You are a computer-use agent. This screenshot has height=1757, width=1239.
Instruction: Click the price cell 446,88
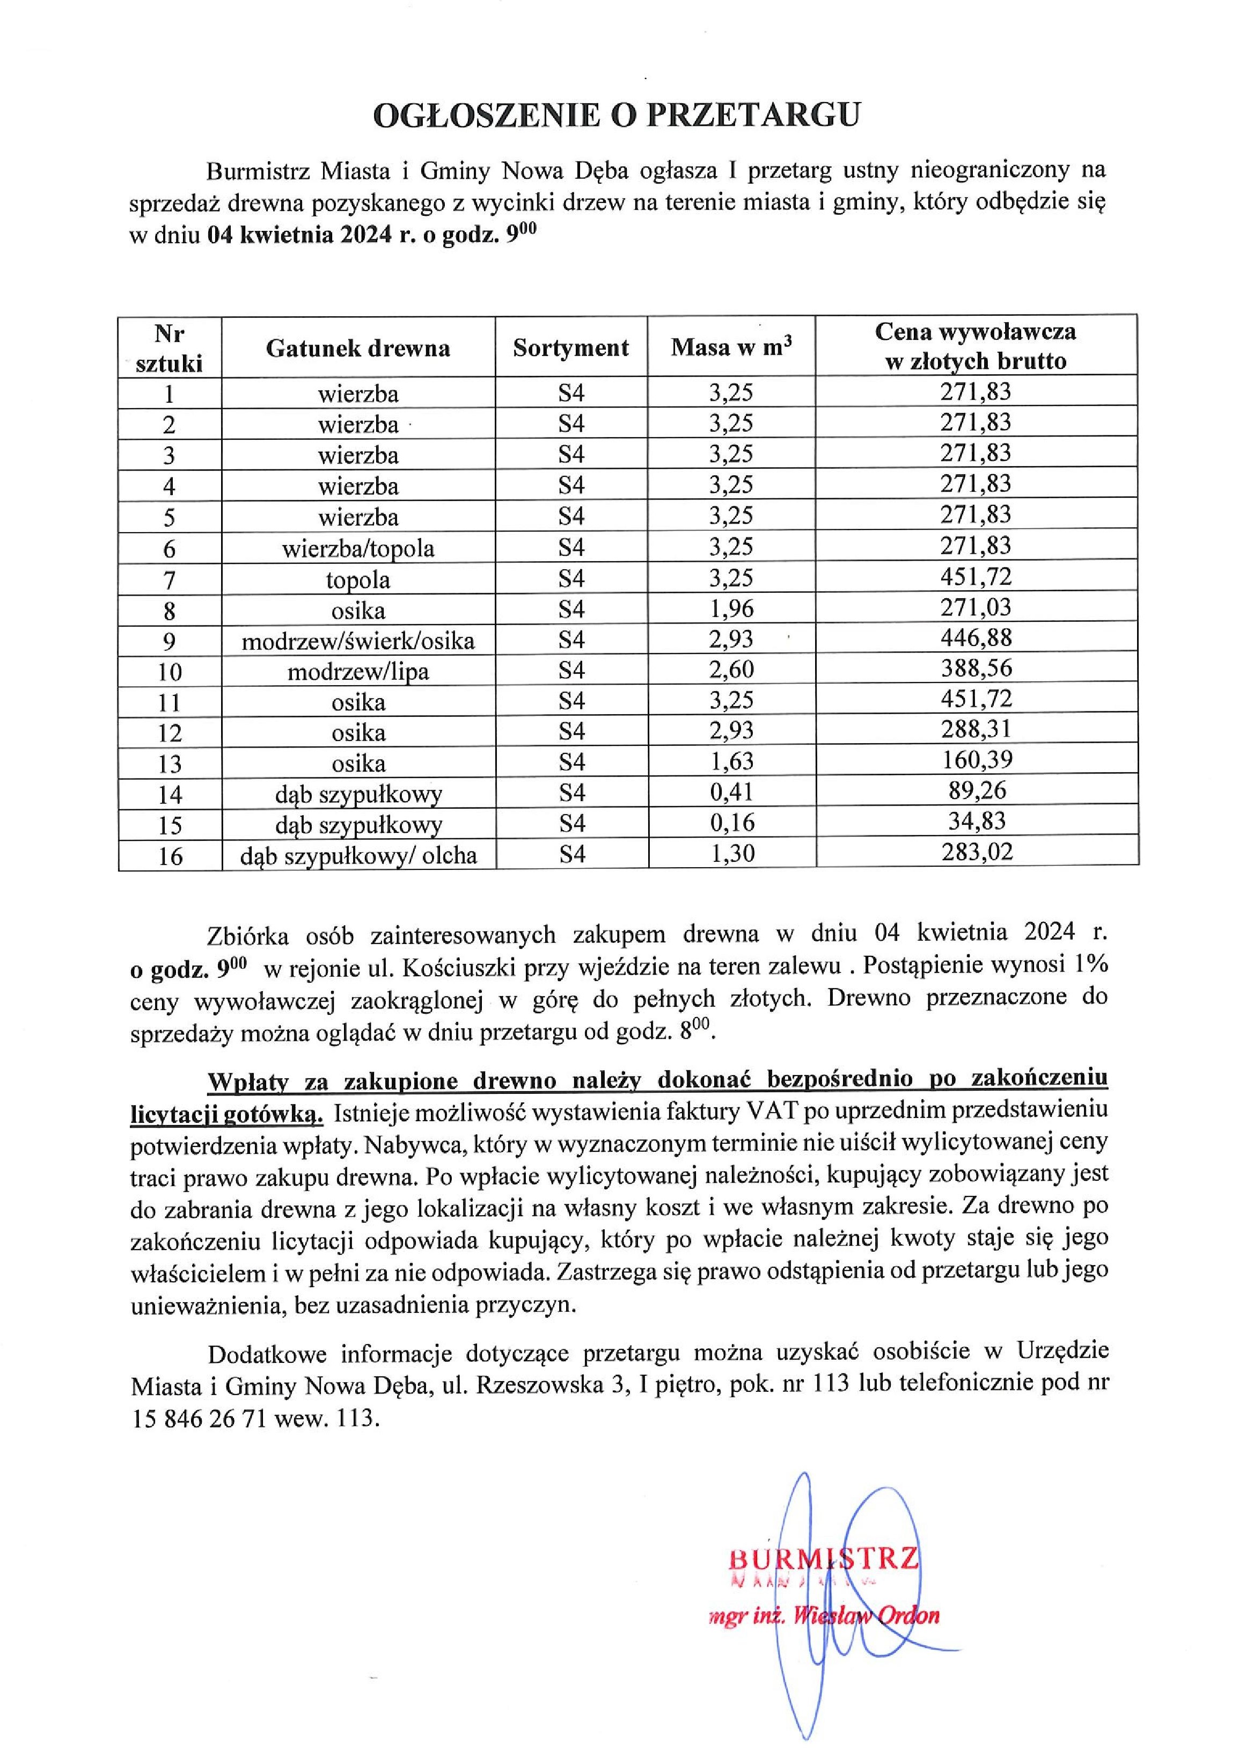click(976, 637)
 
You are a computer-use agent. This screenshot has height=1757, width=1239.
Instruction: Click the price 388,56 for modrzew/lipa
click(976, 668)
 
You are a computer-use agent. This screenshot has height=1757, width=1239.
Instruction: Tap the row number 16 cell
click(170, 855)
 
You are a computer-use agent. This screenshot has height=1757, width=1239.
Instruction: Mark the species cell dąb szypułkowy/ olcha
click(358, 855)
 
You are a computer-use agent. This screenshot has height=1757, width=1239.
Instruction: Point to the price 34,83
click(976, 821)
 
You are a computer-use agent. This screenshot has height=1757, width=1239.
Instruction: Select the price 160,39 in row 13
click(976, 760)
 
